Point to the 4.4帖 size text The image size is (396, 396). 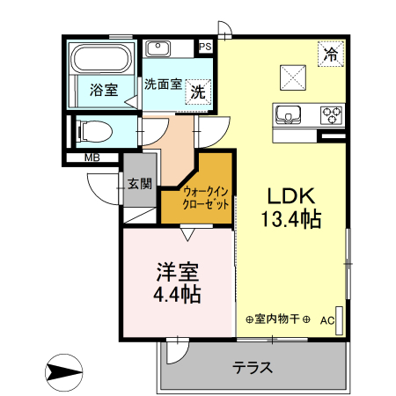(x=180, y=294)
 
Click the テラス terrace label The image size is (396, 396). (x=252, y=369)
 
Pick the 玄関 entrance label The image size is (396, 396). (x=139, y=184)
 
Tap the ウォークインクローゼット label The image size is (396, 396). (x=207, y=197)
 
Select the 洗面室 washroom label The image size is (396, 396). (x=164, y=85)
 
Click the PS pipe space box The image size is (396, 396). (x=206, y=47)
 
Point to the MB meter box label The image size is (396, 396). (x=92, y=158)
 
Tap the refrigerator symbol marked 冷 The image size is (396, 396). (x=331, y=54)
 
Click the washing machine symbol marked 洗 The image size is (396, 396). (x=200, y=90)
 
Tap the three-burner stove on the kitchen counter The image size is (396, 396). (x=332, y=114)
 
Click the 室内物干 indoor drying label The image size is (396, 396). (x=277, y=319)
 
